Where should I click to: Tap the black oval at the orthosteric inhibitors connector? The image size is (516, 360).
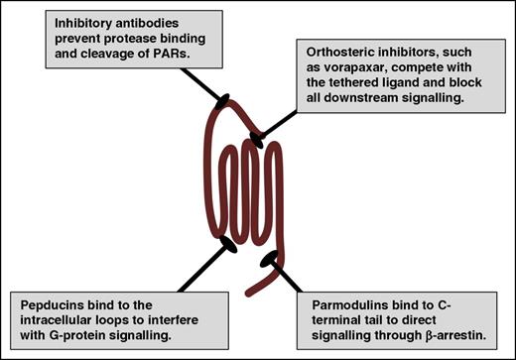point(257,136)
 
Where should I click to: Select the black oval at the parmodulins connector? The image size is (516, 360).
point(268,260)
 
